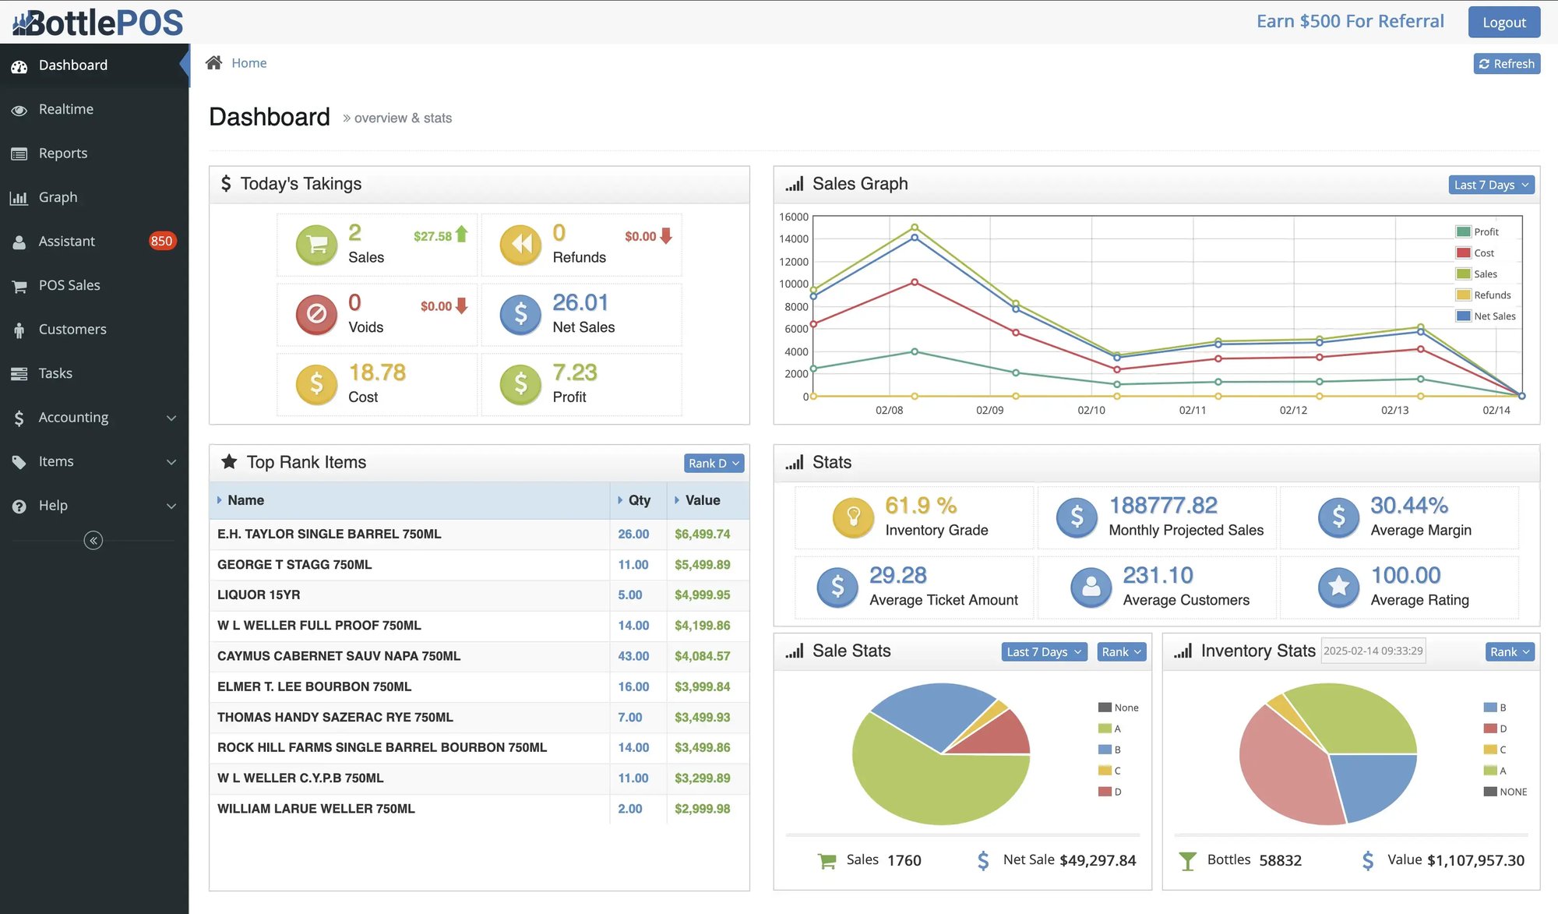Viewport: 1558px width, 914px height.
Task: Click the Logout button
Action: coord(1503,22)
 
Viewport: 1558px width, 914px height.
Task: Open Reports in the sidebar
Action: coord(63,154)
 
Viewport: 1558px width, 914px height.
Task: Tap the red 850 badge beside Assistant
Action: coord(161,241)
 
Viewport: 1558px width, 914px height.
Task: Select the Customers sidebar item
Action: coord(72,330)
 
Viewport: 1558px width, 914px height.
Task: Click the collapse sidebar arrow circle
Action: coord(93,541)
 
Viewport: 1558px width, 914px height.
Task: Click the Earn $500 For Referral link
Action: coord(1350,21)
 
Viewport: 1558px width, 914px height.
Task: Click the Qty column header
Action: coord(639,500)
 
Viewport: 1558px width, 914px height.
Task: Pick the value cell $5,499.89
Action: coord(702,565)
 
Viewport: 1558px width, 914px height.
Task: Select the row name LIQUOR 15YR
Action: coord(259,595)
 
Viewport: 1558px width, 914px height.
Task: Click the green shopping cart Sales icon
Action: coord(316,245)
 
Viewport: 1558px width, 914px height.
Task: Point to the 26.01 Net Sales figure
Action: coord(580,302)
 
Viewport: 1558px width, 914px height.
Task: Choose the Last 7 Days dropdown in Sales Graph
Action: coord(1491,185)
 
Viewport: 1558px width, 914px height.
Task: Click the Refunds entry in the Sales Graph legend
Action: coord(1492,295)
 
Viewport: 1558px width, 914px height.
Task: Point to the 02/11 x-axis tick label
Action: coord(1192,410)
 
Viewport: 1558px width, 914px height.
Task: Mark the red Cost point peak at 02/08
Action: coord(915,282)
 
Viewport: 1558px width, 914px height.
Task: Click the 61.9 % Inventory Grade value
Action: coord(921,506)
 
